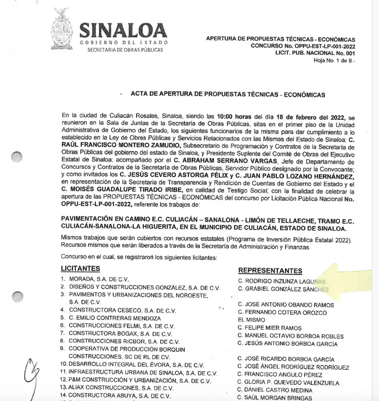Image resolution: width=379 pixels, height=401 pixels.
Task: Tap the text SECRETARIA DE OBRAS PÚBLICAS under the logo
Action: click(x=125, y=50)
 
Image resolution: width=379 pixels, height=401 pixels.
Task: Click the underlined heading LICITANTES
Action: click(x=80, y=269)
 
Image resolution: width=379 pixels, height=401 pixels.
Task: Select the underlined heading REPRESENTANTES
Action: click(x=270, y=271)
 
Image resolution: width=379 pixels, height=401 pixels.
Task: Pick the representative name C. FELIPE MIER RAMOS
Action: click(x=270, y=328)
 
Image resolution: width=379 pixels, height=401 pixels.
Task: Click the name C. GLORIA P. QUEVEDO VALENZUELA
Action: click(x=288, y=383)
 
